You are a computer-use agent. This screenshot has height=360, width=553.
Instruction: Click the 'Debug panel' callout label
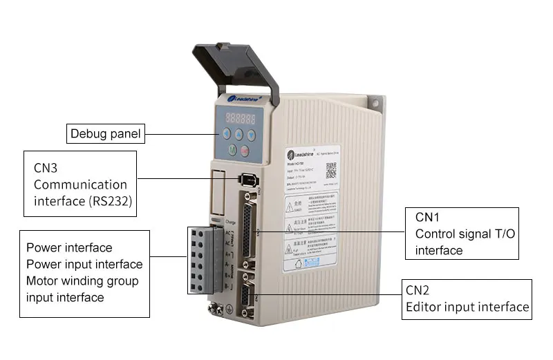(105, 133)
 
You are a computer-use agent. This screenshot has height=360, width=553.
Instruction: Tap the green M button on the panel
(232, 150)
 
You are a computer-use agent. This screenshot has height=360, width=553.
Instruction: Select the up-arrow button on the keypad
(240, 135)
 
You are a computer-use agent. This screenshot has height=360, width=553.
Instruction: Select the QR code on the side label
(335, 170)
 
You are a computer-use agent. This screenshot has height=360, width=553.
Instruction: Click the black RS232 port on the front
(248, 180)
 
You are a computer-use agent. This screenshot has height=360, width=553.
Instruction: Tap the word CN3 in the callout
(47, 168)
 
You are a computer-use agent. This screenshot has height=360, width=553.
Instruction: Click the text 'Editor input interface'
(467, 307)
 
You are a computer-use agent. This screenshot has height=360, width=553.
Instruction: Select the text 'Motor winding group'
(82, 281)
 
